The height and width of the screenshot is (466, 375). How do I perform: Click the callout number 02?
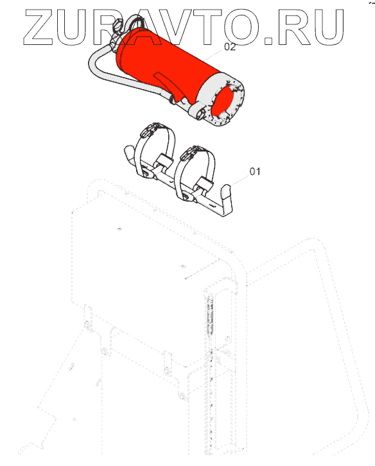230,47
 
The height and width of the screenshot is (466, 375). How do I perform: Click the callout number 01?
255,171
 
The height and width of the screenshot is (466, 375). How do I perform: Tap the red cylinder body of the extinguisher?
166,65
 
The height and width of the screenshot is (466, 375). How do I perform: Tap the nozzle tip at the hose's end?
173,100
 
